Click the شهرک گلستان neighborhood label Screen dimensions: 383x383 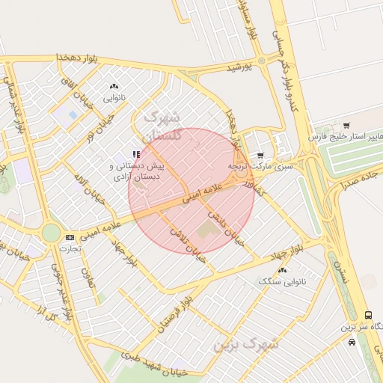pos(161,126)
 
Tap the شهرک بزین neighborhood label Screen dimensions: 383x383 pos(245,345)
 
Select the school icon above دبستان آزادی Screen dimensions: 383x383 pos(136,154)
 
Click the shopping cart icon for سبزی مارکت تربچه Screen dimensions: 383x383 pos(260,155)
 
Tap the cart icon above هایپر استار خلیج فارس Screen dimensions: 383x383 pos(346,125)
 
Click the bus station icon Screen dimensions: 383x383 pos(367,316)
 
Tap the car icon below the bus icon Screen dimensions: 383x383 pos(352,342)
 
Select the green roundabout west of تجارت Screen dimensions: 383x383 pos(51,233)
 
